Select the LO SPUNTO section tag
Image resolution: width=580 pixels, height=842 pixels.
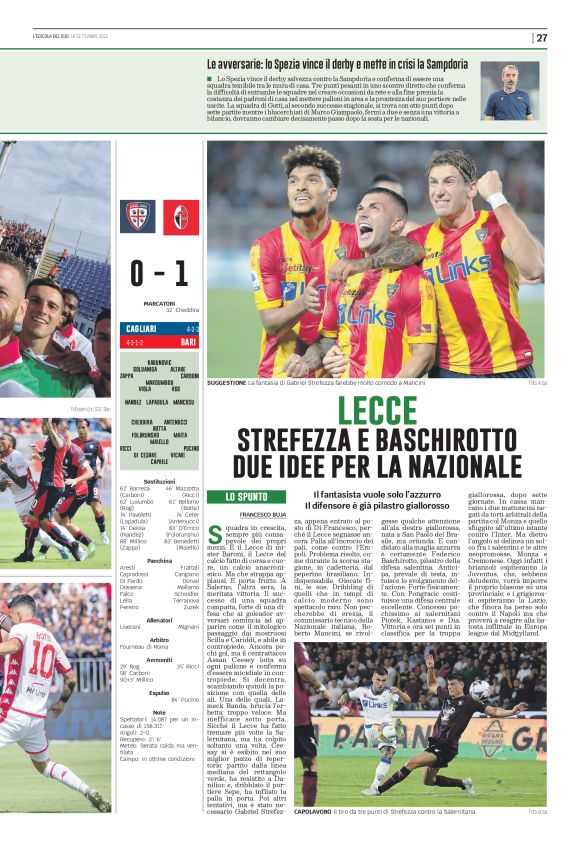253,497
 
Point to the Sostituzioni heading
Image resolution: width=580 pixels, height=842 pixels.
159,481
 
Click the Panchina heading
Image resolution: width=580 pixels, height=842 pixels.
159,561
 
